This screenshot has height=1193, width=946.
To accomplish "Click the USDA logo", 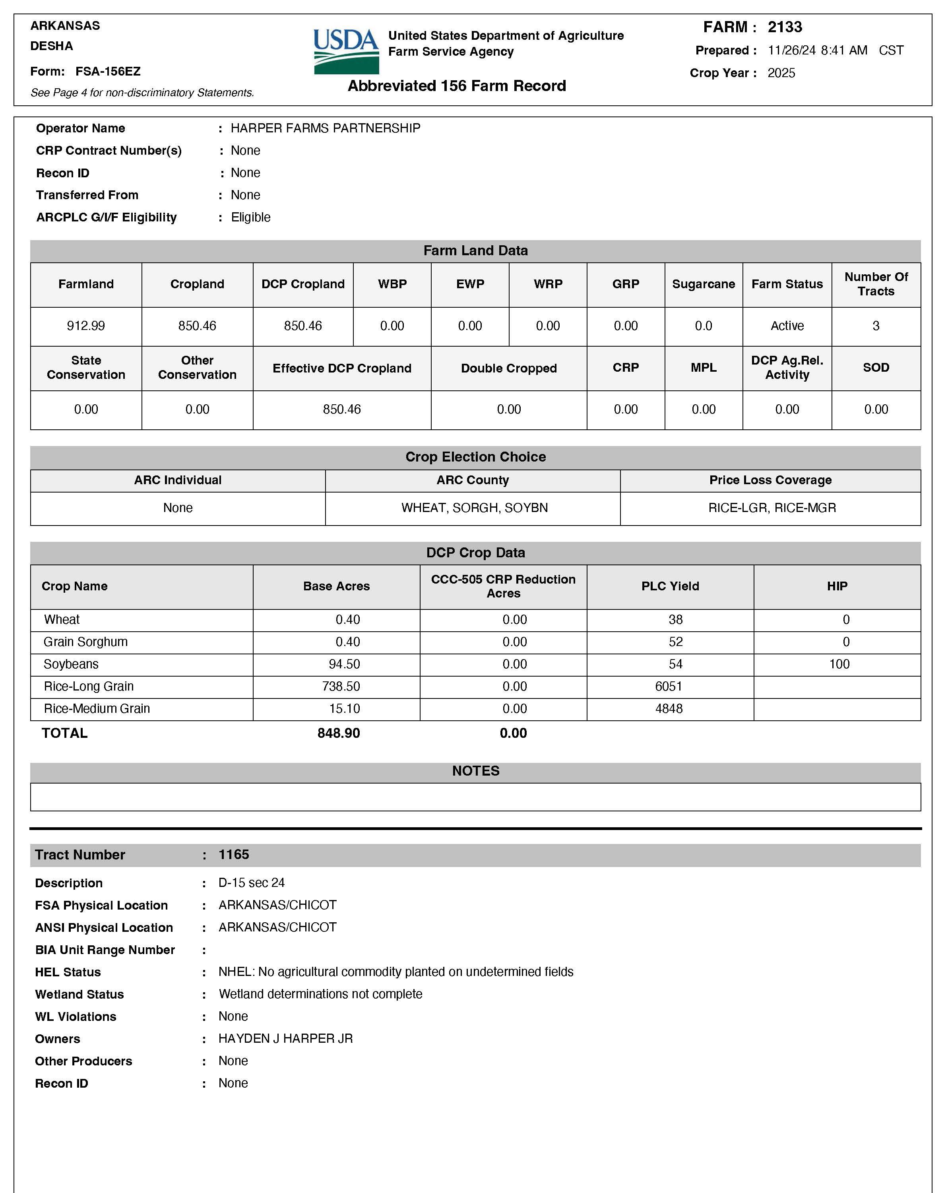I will click(346, 51).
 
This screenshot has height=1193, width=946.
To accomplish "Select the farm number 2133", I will click(785, 27).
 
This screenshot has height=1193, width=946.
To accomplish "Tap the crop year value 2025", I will click(781, 73).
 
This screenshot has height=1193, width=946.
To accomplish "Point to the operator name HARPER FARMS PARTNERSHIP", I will click(325, 128).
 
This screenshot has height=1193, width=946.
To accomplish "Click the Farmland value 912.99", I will click(86, 326).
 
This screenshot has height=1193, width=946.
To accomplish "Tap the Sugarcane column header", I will click(703, 284).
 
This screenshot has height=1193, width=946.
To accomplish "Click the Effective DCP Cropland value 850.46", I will click(341, 409).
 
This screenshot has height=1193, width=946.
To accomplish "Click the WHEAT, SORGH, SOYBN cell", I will click(474, 508).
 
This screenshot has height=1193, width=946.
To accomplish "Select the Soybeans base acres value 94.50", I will click(344, 664).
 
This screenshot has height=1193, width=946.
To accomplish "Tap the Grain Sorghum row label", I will click(86, 642).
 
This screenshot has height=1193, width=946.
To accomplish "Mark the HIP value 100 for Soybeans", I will click(839, 664).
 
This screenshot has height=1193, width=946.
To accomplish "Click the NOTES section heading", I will click(475, 771).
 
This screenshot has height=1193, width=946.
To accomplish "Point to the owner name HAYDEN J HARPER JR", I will click(285, 1039).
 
